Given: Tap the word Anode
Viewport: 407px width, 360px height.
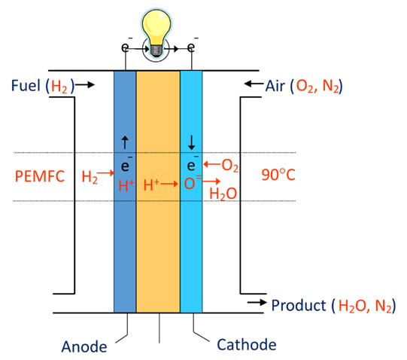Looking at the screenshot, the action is click(84, 346).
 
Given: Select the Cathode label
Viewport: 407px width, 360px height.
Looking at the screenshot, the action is click(247, 345).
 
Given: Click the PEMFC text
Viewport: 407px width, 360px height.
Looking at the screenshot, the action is click(40, 176).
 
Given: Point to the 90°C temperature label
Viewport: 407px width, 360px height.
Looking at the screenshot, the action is click(278, 175).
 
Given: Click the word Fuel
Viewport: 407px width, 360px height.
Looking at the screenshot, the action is click(26, 85).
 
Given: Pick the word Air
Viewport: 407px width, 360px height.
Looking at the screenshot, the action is click(275, 86).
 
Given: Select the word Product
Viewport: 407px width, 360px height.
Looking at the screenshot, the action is click(299, 305).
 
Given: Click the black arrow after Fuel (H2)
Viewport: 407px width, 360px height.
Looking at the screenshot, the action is click(85, 84).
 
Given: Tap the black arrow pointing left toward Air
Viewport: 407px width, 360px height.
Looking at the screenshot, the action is click(254, 84).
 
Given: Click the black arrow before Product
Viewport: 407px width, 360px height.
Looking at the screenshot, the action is click(257, 302).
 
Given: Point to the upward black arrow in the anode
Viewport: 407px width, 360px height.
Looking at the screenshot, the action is click(125, 142).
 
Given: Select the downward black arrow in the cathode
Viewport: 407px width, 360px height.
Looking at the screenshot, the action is click(192, 143).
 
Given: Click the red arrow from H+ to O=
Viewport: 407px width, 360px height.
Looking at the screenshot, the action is click(169, 184).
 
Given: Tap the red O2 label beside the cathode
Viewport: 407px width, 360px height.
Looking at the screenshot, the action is click(230, 166).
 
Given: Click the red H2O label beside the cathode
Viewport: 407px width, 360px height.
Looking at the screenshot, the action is click(223, 194).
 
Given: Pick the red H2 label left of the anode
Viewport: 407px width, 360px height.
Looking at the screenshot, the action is click(90, 177).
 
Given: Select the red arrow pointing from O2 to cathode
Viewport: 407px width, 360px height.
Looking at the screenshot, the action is click(212, 164).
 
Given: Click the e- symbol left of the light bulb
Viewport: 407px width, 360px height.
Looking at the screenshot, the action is click(126, 47).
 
